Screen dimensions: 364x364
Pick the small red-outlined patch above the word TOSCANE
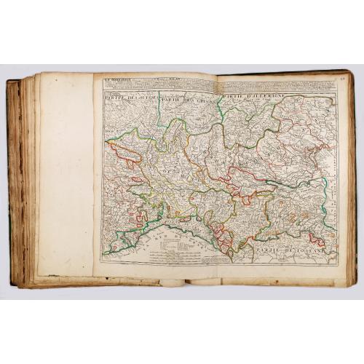click(314, 238)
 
